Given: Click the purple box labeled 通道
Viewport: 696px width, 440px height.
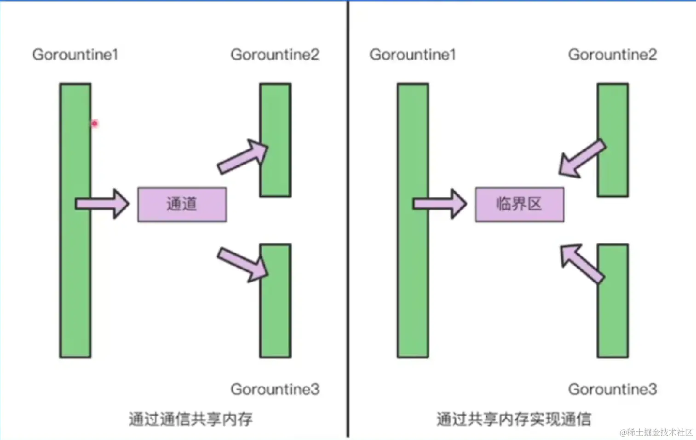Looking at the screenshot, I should [x=182, y=204].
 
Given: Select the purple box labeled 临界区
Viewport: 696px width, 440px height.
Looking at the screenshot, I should [x=519, y=204].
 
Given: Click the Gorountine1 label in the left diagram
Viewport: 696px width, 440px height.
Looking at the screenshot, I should [x=75, y=55].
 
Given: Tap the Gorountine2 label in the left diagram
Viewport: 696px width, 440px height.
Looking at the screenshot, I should [x=275, y=55].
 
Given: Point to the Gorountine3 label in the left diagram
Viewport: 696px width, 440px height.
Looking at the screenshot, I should [x=275, y=389].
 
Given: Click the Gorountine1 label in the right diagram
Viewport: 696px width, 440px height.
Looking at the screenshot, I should [x=413, y=55].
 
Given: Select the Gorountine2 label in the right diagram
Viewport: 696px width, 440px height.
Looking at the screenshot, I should [x=612, y=55].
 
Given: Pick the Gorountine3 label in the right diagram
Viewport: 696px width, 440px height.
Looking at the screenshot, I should [x=612, y=389].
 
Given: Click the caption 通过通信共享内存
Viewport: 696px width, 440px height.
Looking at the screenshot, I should [x=190, y=419].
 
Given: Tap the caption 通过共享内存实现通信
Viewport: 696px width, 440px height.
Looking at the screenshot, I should [x=513, y=419].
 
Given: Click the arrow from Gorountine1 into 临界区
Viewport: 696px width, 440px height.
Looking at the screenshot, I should [x=440, y=203].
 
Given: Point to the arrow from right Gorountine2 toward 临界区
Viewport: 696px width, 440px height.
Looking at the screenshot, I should [x=581, y=159].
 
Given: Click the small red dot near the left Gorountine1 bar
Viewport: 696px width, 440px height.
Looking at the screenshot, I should [x=95, y=123].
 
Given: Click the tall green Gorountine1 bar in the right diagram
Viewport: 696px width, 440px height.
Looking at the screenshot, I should [x=413, y=276].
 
